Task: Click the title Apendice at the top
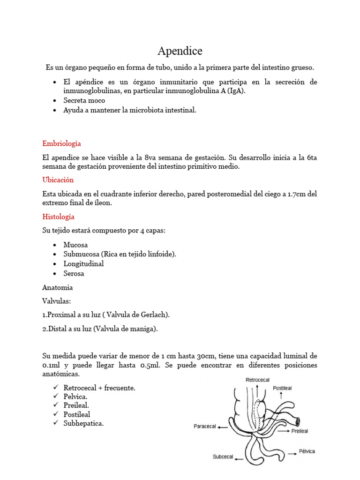pos(180,51)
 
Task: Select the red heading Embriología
pos(61,143)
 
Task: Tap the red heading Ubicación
pos(58,180)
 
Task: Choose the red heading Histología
pos(58,217)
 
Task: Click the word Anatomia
pos(57,287)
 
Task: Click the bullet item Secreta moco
pos(84,100)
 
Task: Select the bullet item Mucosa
pos(75,245)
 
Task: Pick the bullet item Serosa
pos(74,273)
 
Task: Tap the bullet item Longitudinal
pos(84,263)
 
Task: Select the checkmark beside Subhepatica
pos(56,423)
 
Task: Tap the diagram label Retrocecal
pos(258,380)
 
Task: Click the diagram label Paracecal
pos(205,427)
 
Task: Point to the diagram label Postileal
pos(283,389)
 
